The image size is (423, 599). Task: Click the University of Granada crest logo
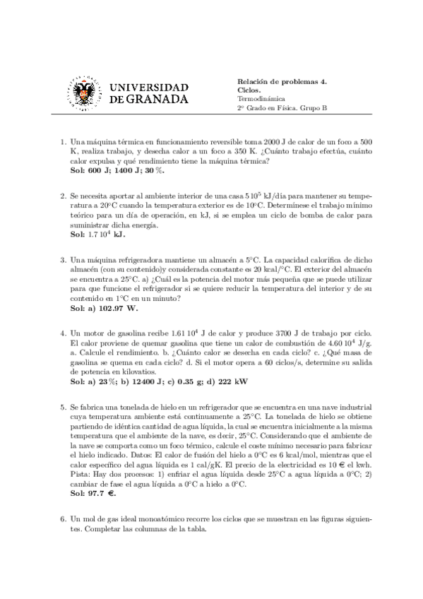(85, 93)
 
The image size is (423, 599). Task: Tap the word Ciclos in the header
(249, 90)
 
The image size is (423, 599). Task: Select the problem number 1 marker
(63, 141)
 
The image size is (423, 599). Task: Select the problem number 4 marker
(63, 332)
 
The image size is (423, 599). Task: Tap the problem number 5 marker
(63, 408)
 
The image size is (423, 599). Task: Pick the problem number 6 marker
(63, 539)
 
